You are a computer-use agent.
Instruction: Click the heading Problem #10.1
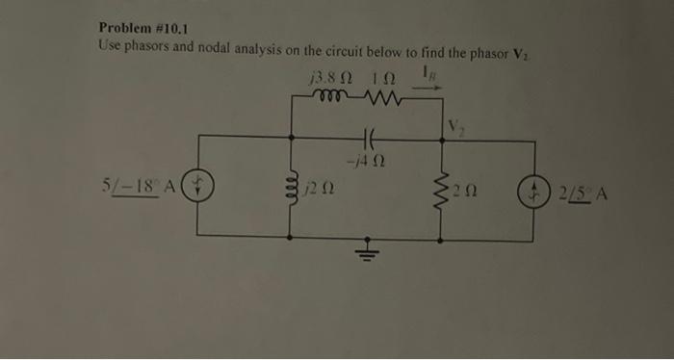pyautogui.click(x=143, y=28)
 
